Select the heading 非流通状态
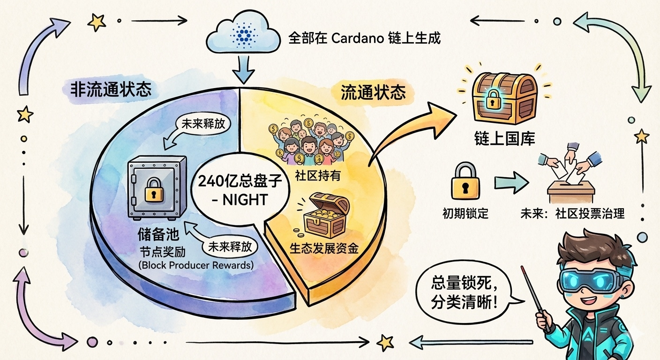pyautogui.click(x=111, y=90)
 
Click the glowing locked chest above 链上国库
pyautogui.click(x=504, y=97)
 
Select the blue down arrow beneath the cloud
pyautogui.click(x=243, y=69)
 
